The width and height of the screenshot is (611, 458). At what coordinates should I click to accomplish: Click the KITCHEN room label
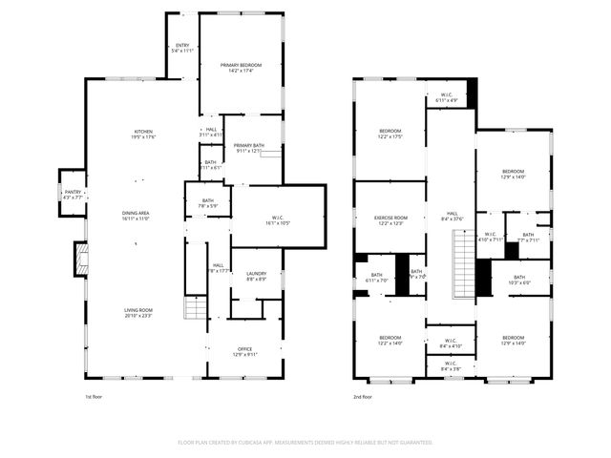click(x=144, y=132)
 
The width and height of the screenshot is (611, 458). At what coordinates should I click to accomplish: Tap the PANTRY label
click(x=73, y=191)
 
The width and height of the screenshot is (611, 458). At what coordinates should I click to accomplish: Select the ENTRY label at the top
click(x=182, y=46)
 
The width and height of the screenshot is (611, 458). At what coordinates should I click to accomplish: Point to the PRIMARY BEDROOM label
click(x=241, y=65)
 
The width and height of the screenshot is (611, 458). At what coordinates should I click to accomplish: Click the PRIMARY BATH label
click(x=249, y=145)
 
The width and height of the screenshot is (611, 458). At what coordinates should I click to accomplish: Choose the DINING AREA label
click(x=136, y=213)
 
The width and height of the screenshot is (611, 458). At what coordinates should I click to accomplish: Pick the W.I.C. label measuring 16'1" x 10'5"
click(x=277, y=224)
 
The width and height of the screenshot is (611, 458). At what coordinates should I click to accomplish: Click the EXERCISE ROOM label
click(x=390, y=218)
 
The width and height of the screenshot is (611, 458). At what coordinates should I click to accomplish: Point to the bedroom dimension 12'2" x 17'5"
click(x=390, y=137)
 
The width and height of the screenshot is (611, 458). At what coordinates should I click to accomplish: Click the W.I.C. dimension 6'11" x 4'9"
click(x=447, y=100)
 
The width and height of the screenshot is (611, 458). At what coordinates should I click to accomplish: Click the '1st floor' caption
click(x=95, y=396)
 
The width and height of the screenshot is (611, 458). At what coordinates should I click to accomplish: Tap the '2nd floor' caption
click(x=363, y=396)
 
